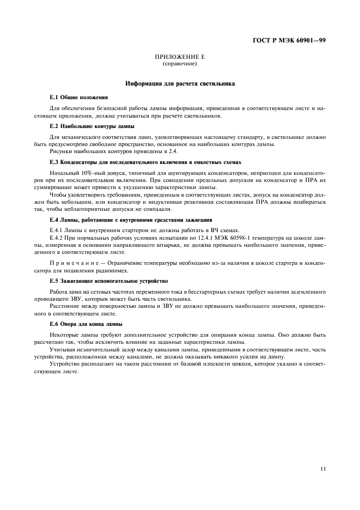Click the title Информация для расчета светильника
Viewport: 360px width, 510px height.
180,84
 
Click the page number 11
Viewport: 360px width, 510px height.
323,467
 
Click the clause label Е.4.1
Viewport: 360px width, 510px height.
57,230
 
